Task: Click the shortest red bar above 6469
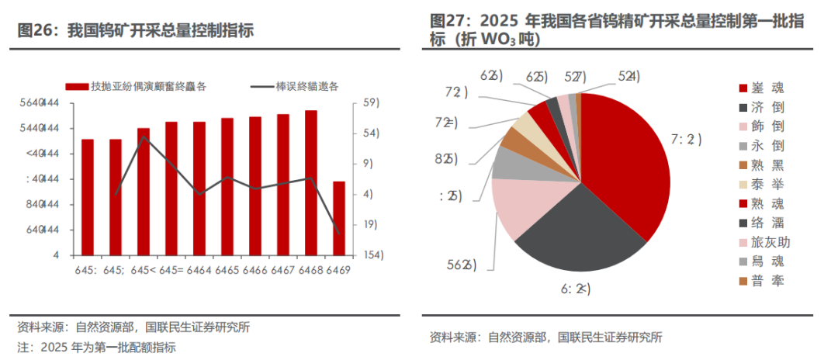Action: pos(338,218)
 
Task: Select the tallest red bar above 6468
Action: pos(310,183)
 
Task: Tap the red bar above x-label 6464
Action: pos(199,189)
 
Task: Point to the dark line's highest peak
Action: pos(144,137)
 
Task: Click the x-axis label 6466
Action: pos(255,270)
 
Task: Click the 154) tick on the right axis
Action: pos(371,254)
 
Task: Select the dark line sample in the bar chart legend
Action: pos(261,86)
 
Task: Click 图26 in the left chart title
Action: pos(34,32)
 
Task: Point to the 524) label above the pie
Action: pos(628,76)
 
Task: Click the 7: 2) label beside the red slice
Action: pos(686,140)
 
